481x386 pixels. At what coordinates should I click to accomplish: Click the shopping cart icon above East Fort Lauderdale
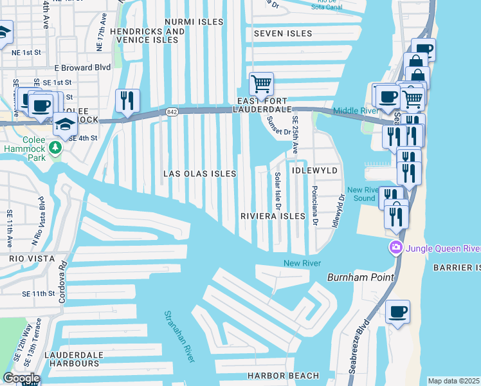pyautogui.click(x=261, y=84)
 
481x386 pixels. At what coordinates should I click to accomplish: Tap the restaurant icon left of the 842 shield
pyautogui.click(x=127, y=100)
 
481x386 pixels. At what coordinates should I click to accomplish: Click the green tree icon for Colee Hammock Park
pyautogui.click(x=56, y=148)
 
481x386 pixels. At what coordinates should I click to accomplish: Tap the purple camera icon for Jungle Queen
pyautogui.click(x=395, y=248)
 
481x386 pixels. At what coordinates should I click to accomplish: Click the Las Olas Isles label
pyautogui.click(x=199, y=174)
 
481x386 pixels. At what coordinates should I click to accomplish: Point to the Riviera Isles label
pyautogui.click(x=272, y=216)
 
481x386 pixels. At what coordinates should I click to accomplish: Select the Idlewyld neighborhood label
pyautogui.click(x=314, y=170)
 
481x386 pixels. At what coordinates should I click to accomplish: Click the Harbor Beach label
pyautogui.click(x=284, y=376)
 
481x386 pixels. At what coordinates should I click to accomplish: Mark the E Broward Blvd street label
pyautogui.click(x=82, y=68)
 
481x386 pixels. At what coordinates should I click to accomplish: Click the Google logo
pyautogui.click(x=21, y=378)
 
